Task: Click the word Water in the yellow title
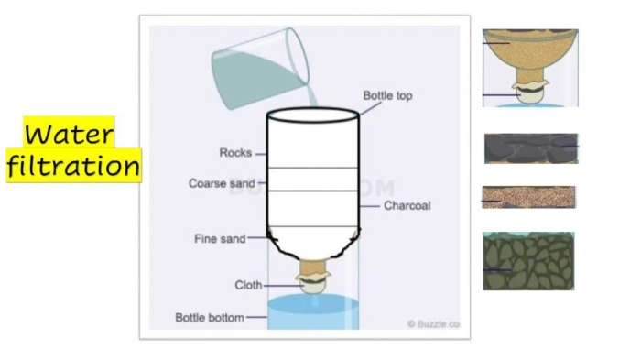coord(69,134)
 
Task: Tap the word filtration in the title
coord(73,165)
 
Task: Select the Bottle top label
coord(387,96)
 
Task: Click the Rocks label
coord(235,153)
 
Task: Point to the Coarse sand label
coord(222,183)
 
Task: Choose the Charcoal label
coord(407,205)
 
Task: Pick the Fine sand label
coord(220,238)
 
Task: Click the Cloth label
coord(248,285)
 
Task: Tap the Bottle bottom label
coord(210,318)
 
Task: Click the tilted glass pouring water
coord(260,69)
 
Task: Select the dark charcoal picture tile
coord(531,148)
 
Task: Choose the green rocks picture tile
coord(528,261)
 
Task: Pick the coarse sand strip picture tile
coord(528,197)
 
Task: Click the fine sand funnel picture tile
coord(530,68)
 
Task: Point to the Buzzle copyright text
coord(433,324)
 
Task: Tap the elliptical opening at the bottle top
coord(313,115)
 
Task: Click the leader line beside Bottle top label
coord(370,108)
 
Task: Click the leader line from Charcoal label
coord(370,206)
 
